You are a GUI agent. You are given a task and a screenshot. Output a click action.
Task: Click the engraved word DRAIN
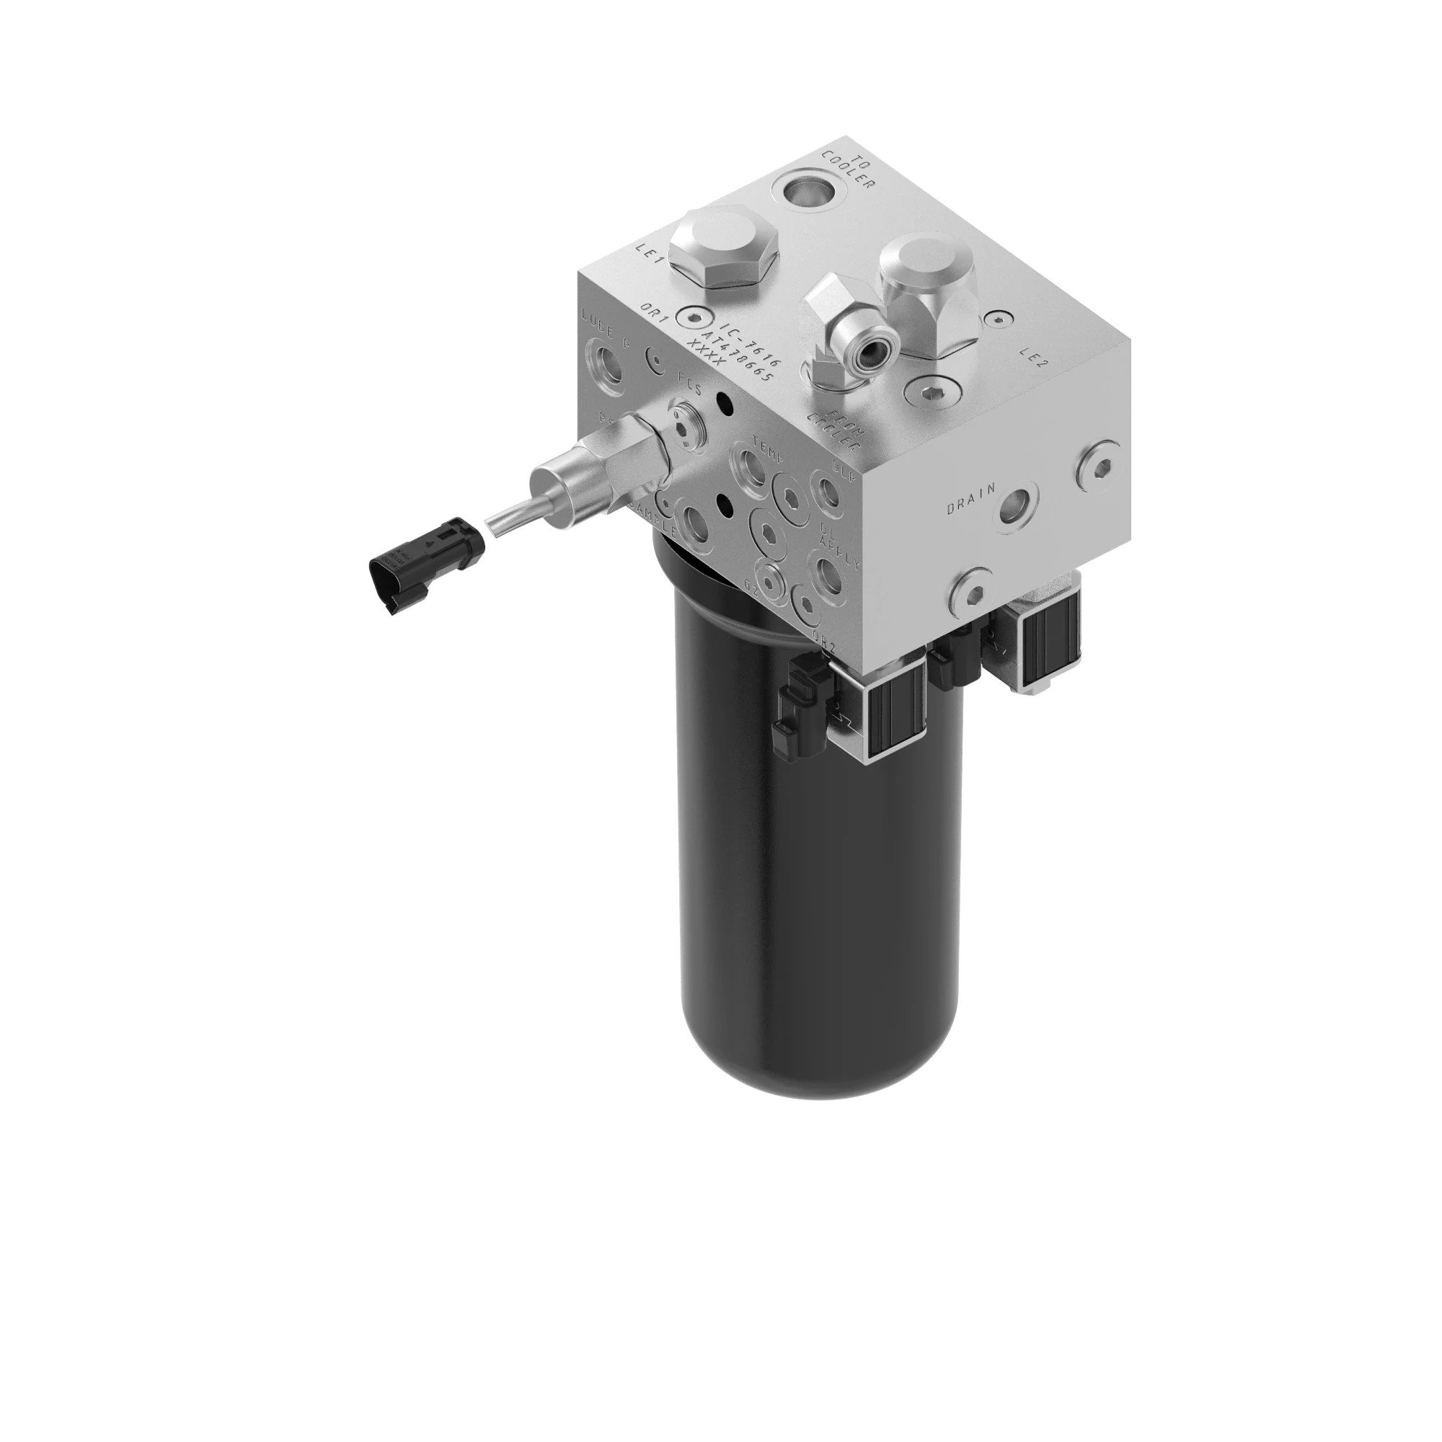click(x=970, y=499)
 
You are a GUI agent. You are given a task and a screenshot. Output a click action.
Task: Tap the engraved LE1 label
click(x=650, y=254)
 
